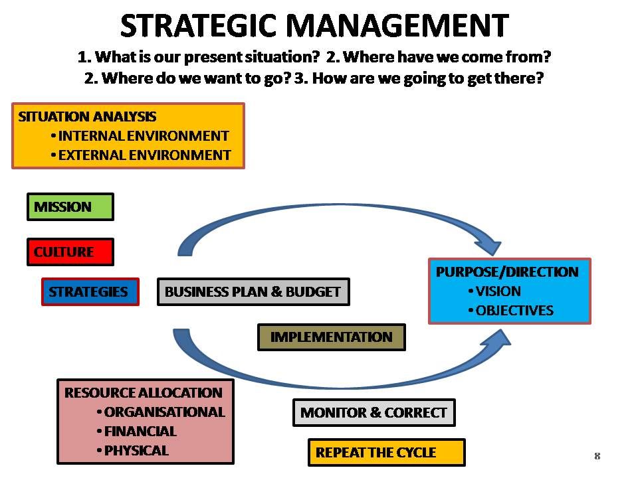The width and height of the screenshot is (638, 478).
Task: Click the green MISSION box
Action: pyautogui.click(x=70, y=207)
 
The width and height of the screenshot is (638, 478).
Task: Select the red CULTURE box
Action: pyautogui.click(x=70, y=252)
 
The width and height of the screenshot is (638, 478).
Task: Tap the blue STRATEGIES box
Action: pyautogui.click(x=90, y=292)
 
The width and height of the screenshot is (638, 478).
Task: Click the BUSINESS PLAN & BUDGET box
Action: pyautogui.click(x=253, y=292)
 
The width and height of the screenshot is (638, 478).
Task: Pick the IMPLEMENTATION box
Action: pyautogui.click(x=331, y=337)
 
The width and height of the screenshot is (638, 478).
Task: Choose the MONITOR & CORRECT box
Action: pyautogui.click(x=373, y=413)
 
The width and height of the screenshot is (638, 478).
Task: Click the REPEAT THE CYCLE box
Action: pyautogui.click(x=386, y=453)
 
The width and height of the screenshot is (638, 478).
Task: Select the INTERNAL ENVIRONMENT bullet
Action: pyautogui.click(x=144, y=136)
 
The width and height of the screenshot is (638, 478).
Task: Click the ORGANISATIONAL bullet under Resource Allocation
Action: pyautogui.click(x=164, y=412)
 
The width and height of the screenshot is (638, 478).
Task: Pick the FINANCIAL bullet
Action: pyautogui.click(x=140, y=432)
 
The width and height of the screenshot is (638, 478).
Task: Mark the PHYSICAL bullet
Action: pyautogui.click(x=136, y=451)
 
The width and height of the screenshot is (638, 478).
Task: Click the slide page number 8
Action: pyautogui.click(x=597, y=456)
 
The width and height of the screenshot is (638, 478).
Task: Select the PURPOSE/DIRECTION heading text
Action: pyautogui.click(x=507, y=272)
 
